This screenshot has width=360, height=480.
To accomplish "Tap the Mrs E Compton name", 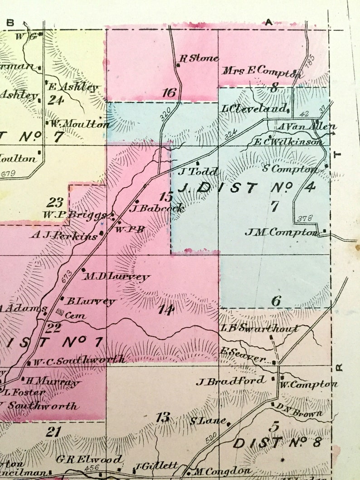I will (x=262, y=72).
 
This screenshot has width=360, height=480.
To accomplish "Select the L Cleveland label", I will (x=254, y=109).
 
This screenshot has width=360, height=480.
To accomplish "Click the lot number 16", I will (x=169, y=93).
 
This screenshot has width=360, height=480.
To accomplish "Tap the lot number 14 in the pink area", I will (x=166, y=310).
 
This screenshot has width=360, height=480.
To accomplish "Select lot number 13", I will (x=163, y=417).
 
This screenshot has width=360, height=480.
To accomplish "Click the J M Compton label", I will (x=281, y=232).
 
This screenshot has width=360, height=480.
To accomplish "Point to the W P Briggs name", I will (x=75, y=214).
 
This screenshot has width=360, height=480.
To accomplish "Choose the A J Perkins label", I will (x=64, y=236).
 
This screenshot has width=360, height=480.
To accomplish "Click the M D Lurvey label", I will (x=116, y=276).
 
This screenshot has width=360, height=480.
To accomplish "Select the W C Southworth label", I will (x=79, y=360).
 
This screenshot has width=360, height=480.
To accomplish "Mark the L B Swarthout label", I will (x=259, y=329).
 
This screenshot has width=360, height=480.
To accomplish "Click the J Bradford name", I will (x=231, y=381).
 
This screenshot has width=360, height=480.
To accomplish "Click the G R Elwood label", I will (x=89, y=459).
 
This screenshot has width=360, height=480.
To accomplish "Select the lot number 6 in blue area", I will (x=276, y=301).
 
